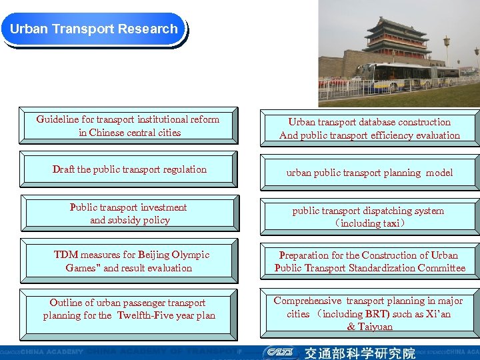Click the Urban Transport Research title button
pyautogui.click(x=94, y=29)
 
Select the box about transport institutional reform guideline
pyautogui.click(x=128, y=126)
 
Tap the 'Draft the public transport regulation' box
pyautogui.click(x=129, y=169)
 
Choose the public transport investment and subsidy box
pyautogui.click(x=129, y=214)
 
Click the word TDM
pyautogui.click(x=66, y=255)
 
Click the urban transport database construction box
pyautogui.click(x=369, y=129)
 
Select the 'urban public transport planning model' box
pyautogui.click(x=369, y=173)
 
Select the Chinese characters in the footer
pyautogui.click(x=360, y=353)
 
